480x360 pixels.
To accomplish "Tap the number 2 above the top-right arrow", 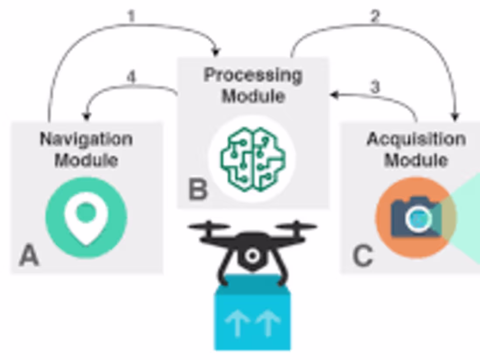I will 375,16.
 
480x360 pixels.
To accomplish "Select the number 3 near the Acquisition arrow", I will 375,86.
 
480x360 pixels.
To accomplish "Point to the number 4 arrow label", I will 131,77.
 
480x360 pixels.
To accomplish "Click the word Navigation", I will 86,140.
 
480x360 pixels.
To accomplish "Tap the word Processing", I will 253,75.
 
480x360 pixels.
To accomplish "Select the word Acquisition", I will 416,140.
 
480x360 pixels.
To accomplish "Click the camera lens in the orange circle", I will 418,218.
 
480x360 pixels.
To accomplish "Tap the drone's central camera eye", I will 252,256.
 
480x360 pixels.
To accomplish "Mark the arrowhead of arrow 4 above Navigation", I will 86,117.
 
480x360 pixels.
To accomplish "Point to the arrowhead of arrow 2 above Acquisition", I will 455,117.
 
